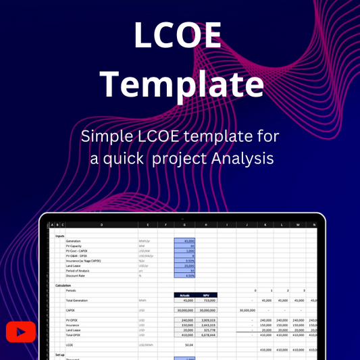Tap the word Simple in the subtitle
coord(105,136)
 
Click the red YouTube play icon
coord(20,332)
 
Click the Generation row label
coord(74,240)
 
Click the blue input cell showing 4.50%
coord(184,275)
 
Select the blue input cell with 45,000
coord(184,240)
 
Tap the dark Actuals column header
coord(184,294)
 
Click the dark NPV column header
coord(205,294)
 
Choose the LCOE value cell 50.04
coord(184,344)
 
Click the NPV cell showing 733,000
coord(205,300)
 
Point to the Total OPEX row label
coord(74,334)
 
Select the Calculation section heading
coord(63,285)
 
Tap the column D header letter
coord(101,224)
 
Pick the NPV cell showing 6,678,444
coord(205,334)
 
